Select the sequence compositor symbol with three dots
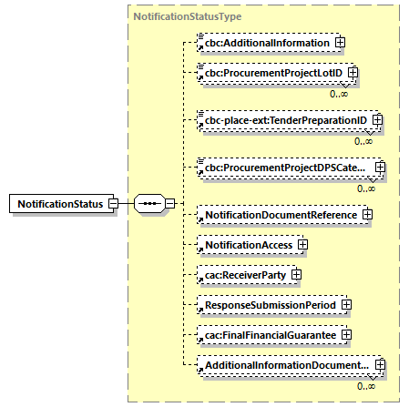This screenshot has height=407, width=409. point(149,203)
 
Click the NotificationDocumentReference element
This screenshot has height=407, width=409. point(278,214)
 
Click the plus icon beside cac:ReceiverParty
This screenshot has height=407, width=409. point(296,274)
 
